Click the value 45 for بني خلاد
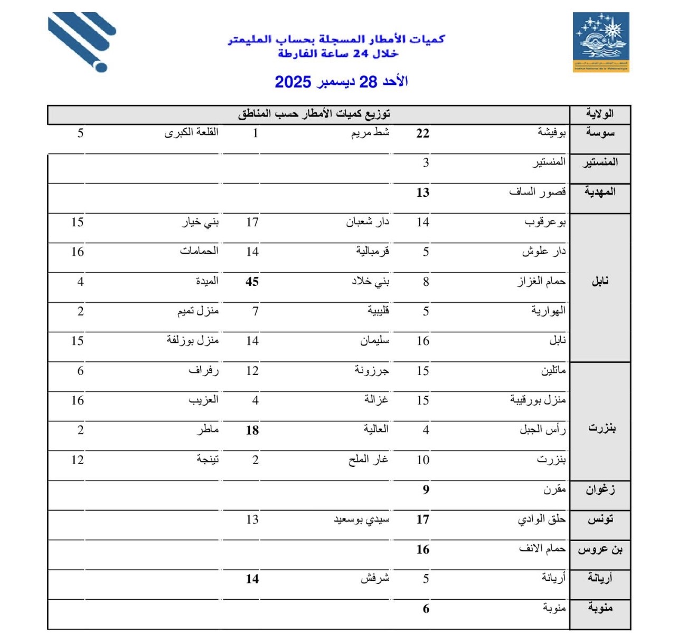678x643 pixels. point(252,282)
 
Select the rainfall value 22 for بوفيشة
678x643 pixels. point(422,133)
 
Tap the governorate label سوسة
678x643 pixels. point(600,132)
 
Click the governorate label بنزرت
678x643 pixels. point(601,427)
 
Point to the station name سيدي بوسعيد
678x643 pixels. point(361,520)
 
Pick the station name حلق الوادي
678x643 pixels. point(541,520)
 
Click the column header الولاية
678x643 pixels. point(600,114)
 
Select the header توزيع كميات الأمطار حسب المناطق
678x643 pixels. point(314,114)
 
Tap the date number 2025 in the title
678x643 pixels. point(293,82)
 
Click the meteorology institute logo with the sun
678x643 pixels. point(601,42)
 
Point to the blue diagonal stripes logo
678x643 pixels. point(82,41)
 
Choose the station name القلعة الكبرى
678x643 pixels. point(191,132)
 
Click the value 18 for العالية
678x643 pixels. point(252,430)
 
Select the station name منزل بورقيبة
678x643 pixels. point(538,400)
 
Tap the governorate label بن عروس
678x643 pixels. point(600,550)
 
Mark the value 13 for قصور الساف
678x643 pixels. point(422,193)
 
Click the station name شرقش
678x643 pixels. point(375,579)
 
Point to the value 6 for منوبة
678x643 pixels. point(426,609)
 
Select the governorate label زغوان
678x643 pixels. point(600,490)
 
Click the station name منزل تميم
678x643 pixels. point(197,311)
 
